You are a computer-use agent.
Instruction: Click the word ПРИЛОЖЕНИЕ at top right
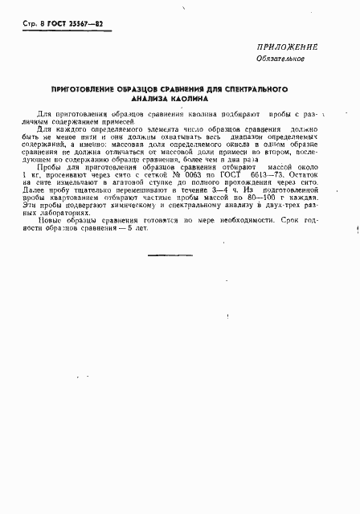tap(288, 47)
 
